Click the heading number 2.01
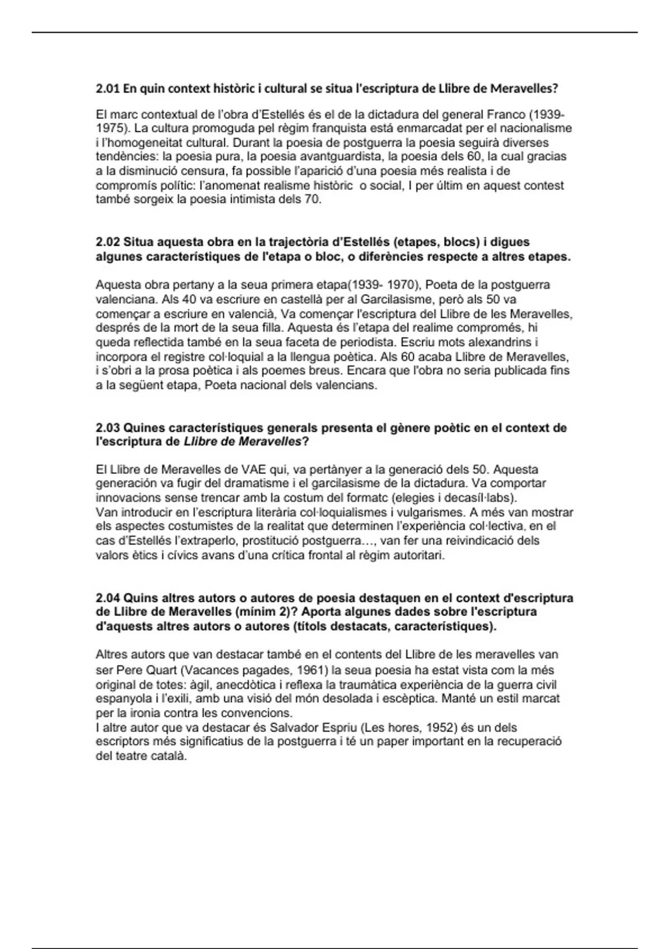coord(108,88)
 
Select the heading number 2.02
coord(108,242)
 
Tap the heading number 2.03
coord(108,428)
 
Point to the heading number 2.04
coord(108,598)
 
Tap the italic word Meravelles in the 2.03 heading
coord(270,442)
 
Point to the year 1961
coord(309,670)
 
